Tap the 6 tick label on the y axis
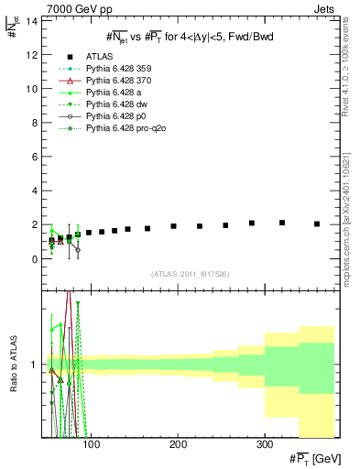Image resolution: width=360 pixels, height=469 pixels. pos(34,157)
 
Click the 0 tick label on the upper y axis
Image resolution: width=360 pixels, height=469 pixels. pos(34,259)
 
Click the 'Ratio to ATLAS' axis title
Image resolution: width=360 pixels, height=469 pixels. pos(13,364)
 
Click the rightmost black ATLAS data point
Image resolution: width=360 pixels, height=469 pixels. pos(317,224)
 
